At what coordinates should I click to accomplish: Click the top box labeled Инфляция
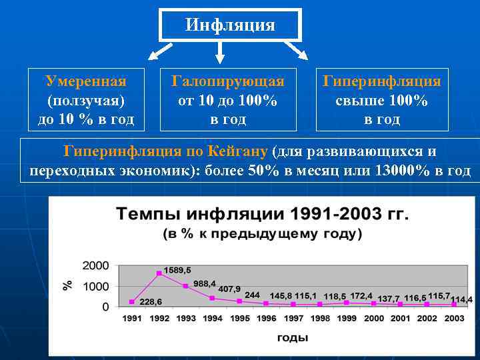(x=230, y=25)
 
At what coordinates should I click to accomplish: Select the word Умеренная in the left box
(x=85, y=81)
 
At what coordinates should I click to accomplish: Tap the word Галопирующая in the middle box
(x=228, y=81)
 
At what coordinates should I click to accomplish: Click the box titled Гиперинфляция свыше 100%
(x=382, y=100)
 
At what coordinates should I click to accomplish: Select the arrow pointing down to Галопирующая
(x=221, y=53)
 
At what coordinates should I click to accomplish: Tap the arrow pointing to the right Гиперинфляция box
(x=297, y=51)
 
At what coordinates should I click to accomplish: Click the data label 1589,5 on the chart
(x=177, y=270)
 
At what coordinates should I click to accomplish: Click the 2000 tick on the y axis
(x=96, y=265)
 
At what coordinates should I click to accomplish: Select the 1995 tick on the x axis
(x=240, y=319)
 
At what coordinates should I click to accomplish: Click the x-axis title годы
(x=293, y=337)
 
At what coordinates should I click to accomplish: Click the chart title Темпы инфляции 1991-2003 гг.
(x=263, y=215)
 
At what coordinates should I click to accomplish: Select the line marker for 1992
(x=159, y=273)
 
